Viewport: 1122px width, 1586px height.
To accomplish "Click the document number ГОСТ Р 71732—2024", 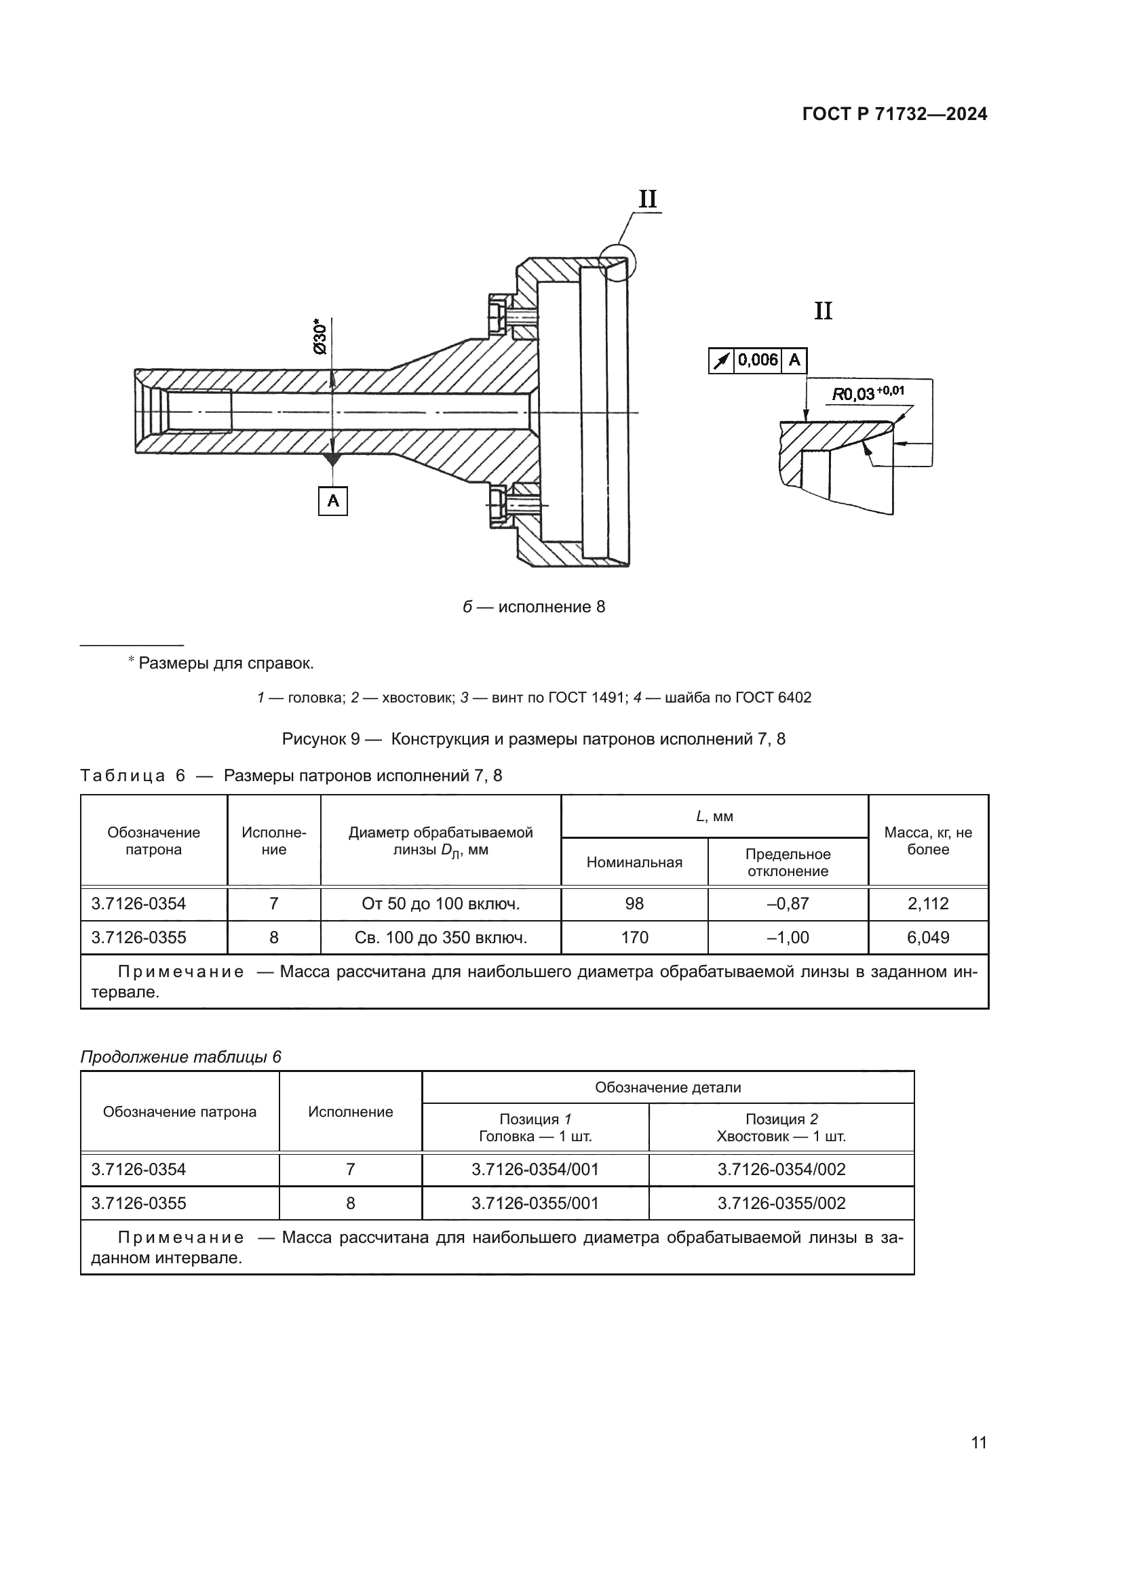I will click(x=894, y=115).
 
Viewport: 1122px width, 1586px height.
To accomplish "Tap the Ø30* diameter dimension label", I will click(x=320, y=337).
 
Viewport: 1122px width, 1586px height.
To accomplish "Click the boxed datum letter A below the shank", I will click(x=333, y=501).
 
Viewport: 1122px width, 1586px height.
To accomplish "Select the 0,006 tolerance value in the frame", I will click(x=757, y=360).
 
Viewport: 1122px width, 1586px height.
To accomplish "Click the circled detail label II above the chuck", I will click(x=647, y=199).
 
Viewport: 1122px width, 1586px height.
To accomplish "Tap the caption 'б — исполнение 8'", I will click(x=533, y=607).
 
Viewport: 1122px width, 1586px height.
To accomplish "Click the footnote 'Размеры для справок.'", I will click(x=225, y=663).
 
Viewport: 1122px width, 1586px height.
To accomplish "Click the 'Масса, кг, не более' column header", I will click(x=927, y=841).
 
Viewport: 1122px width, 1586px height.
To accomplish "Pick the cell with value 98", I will click(x=634, y=903).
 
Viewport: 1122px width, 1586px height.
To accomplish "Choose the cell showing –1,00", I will click(x=788, y=937).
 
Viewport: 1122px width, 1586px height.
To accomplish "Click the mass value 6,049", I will click(x=927, y=937).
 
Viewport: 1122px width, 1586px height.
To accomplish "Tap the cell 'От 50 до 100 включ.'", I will click(x=440, y=903).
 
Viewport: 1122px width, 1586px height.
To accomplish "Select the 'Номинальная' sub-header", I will click(x=634, y=862).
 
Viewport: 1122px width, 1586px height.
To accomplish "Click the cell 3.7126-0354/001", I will click(x=535, y=1170).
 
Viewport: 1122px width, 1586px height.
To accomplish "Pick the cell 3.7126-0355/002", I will click(x=781, y=1204).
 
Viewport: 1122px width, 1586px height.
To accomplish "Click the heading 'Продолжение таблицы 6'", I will click(x=181, y=1057).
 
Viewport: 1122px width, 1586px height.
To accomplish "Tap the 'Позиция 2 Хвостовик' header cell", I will click(x=781, y=1128).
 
